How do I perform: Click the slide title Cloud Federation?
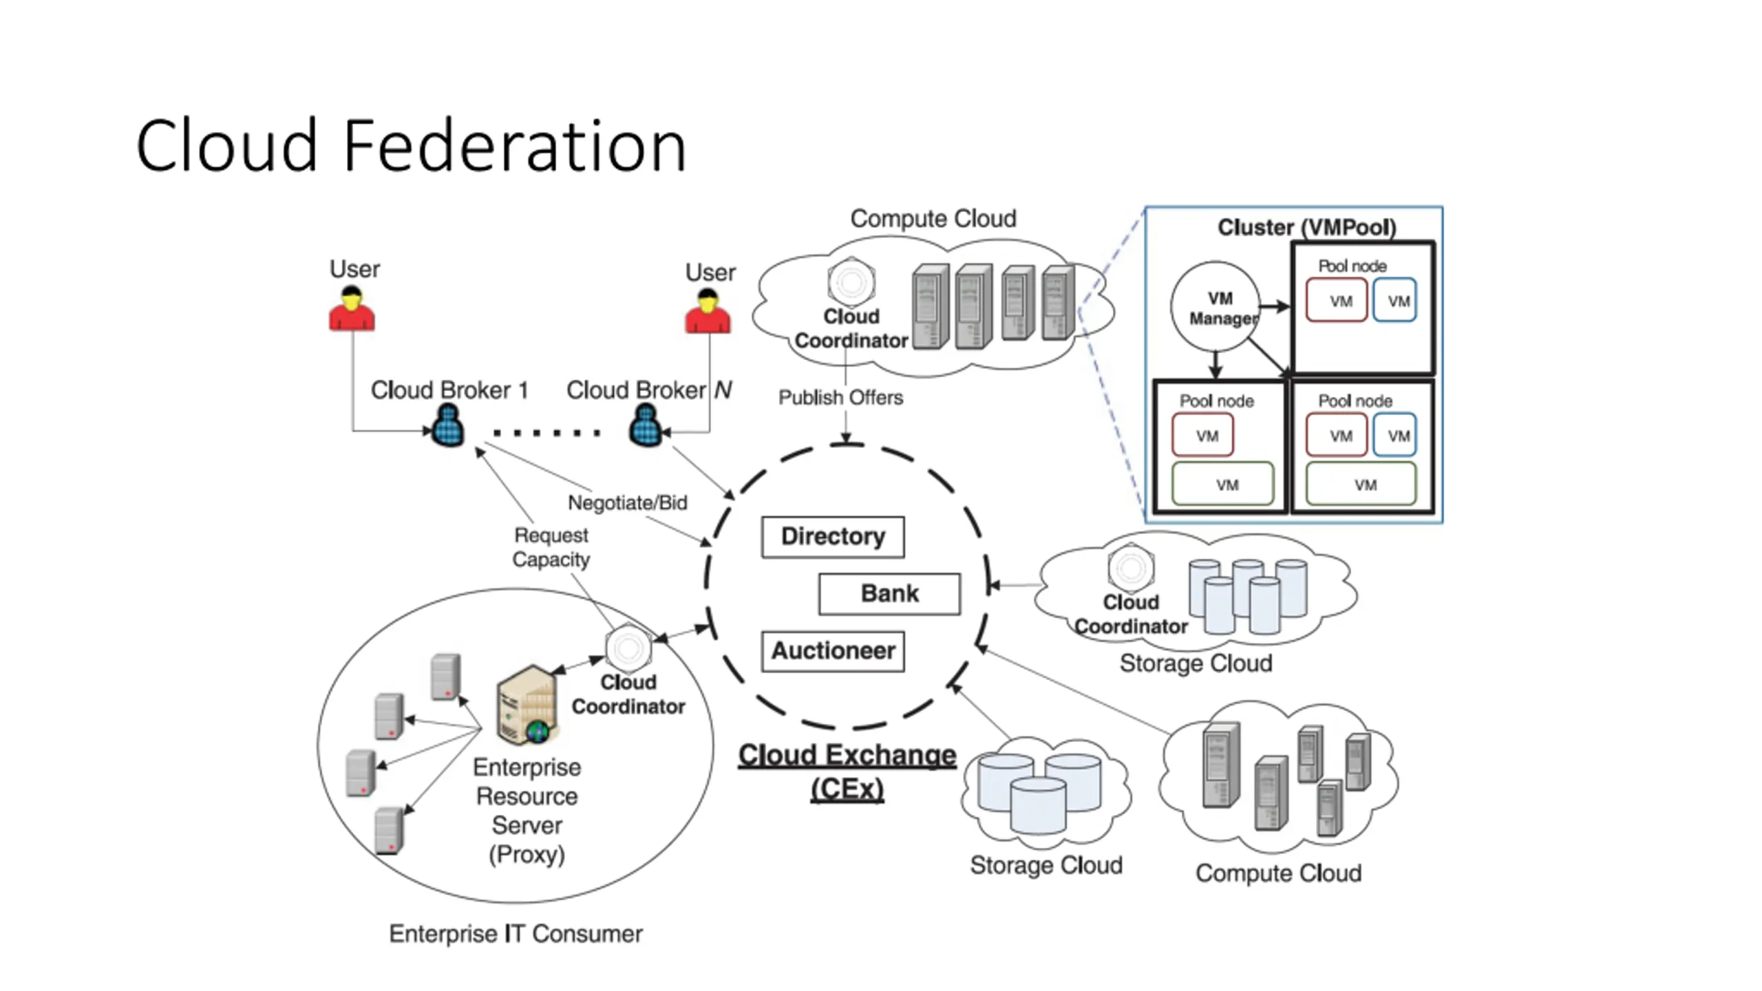[411, 146]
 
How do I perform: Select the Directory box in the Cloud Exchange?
[833, 537]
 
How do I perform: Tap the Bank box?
[889, 594]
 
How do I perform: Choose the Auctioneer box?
[833, 651]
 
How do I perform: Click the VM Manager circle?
[1216, 307]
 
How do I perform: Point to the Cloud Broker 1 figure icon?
[447, 425]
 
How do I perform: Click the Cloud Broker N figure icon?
[646, 425]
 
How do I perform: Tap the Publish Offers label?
[840, 398]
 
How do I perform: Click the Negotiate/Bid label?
[627, 503]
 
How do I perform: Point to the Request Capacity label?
[551, 547]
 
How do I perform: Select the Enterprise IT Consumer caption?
[516, 934]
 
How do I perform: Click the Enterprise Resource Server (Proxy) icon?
[527, 704]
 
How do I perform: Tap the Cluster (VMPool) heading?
[1306, 227]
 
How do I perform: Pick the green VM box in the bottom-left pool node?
[1222, 484]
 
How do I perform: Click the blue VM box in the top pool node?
[1394, 300]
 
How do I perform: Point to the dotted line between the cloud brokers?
[547, 433]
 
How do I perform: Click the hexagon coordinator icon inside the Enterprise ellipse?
[628, 648]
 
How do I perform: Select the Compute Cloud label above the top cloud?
[933, 219]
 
